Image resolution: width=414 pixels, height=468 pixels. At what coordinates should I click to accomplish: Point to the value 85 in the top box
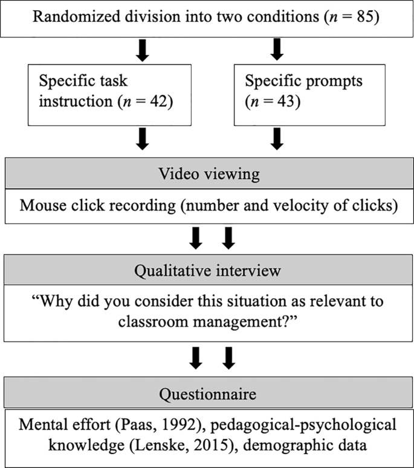click(365, 17)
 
